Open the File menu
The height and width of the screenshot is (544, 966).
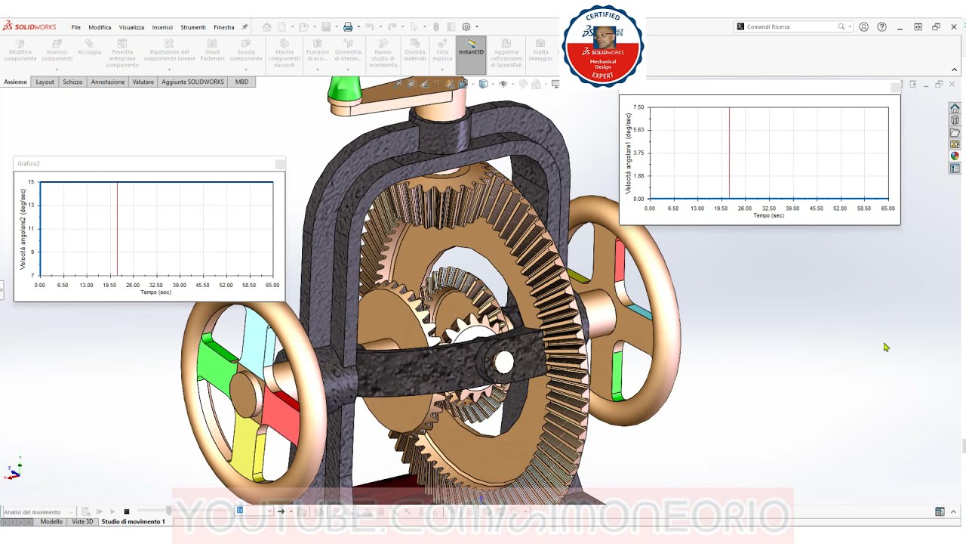click(x=76, y=27)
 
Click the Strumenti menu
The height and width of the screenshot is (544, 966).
click(x=193, y=27)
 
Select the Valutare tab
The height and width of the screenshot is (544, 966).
click(x=143, y=82)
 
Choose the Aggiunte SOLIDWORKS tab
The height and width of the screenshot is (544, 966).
click(x=192, y=82)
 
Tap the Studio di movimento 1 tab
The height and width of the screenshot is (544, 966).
click(x=133, y=521)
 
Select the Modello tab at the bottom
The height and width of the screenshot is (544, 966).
click(x=51, y=521)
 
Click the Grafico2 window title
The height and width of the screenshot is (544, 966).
click(x=29, y=163)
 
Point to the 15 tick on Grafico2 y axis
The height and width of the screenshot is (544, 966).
click(x=32, y=182)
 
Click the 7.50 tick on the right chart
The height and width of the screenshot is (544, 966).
click(x=638, y=107)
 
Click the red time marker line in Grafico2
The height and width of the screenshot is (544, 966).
click(x=117, y=227)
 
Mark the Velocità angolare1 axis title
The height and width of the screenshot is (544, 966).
click(x=628, y=153)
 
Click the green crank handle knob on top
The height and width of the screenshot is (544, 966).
click(x=344, y=89)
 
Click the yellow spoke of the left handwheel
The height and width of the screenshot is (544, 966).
click(x=245, y=450)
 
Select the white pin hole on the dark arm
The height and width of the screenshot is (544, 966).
click(x=503, y=363)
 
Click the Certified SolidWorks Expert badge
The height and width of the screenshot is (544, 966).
click(x=602, y=45)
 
